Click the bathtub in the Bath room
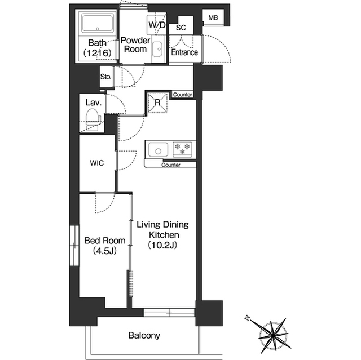click(98, 24)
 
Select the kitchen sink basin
click(158, 150)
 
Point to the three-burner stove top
click(182, 149)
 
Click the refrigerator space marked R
click(157, 103)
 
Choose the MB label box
click(213, 17)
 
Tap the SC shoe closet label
click(180, 28)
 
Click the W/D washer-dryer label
click(157, 25)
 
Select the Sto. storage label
click(105, 77)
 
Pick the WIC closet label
click(97, 163)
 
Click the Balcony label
click(144, 335)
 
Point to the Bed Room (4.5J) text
click(105, 246)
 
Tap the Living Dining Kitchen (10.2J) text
click(163, 235)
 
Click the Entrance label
click(184, 52)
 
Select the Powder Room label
click(135, 45)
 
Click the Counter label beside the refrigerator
click(182, 95)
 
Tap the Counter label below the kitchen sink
click(170, 165)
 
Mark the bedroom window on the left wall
click(74, 246)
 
